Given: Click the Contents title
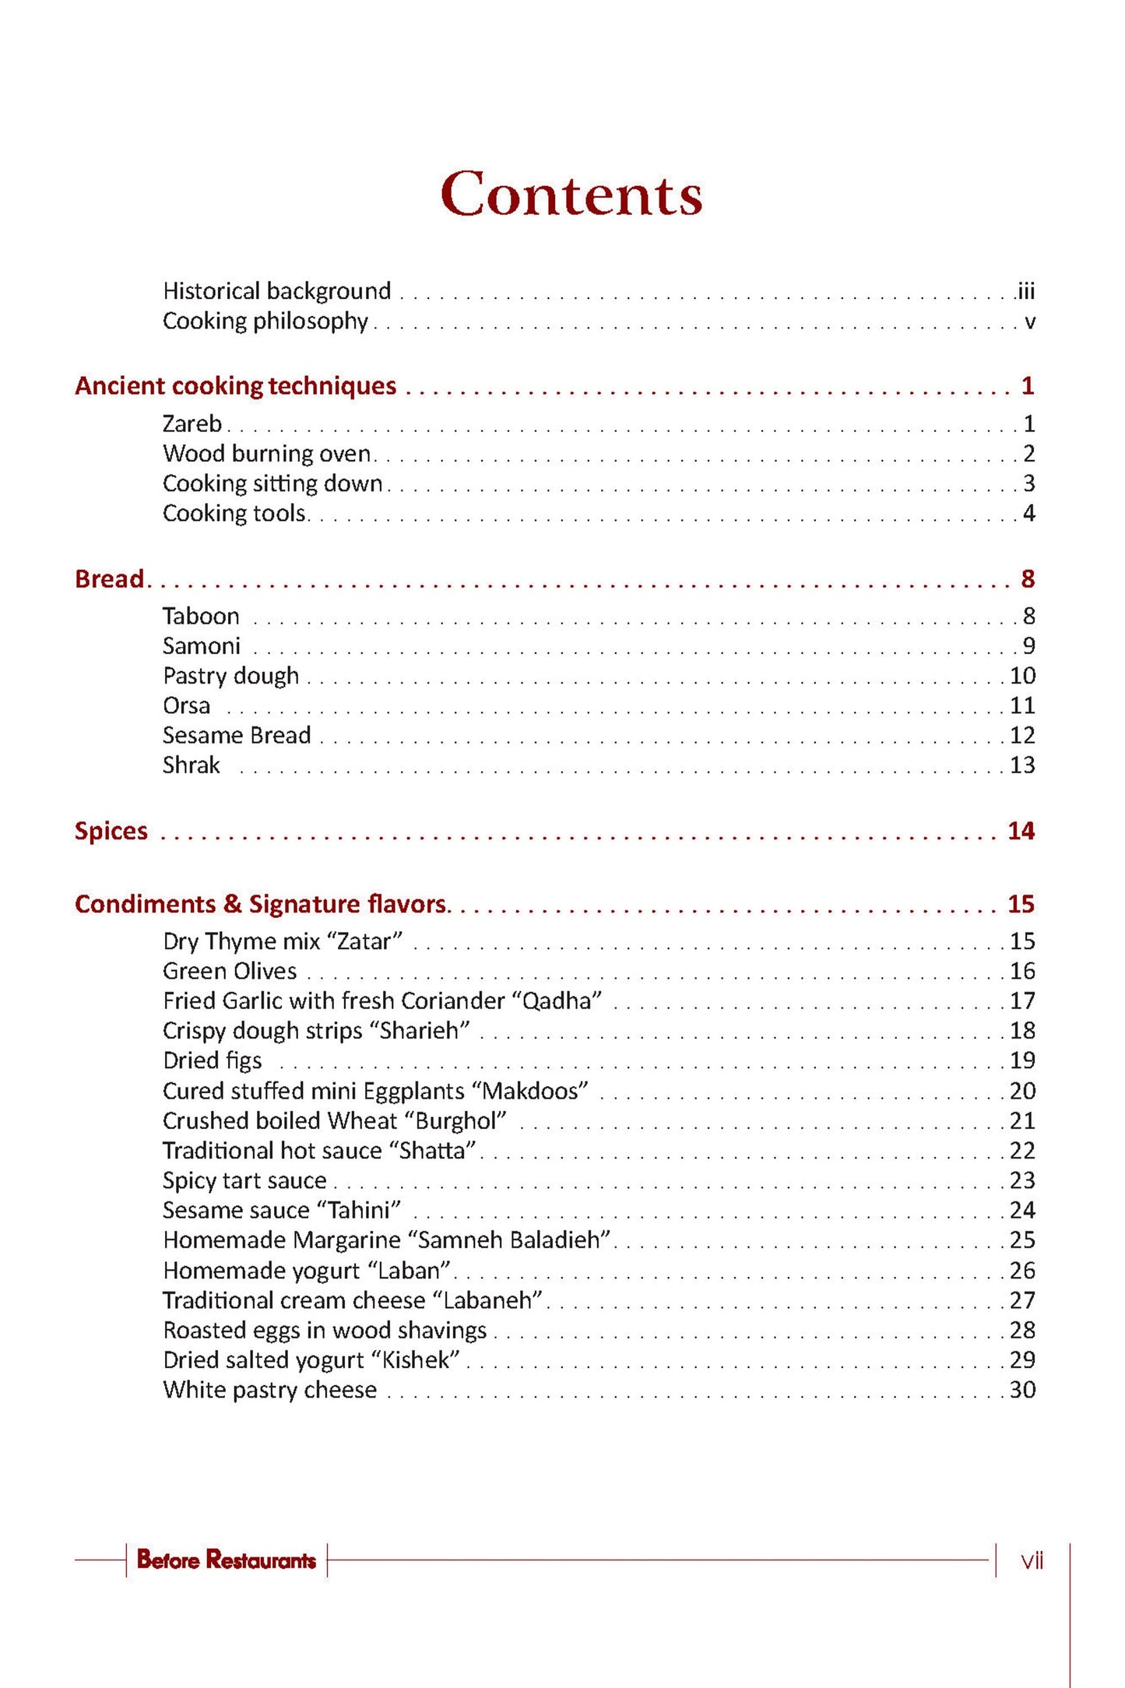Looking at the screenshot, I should pyautogui.click(x=571, y=194).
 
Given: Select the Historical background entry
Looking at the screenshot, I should pyautogui.click(x=276, y=291).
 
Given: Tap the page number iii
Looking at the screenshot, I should pyautogui.click(x=1026, y=291).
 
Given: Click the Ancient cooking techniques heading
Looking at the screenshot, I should pyautogui.click(x=235, y=386).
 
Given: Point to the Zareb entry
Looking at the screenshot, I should pyautogui.click(x=192, y=424).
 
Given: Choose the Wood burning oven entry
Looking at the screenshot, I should pyautogui.click(x=266, y=453).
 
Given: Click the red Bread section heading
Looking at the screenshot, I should pyautogui.click(x=109, y=578).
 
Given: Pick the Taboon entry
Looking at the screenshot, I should pyautogui.click(x=201, y=616).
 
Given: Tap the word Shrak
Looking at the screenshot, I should pyautogui.click(x=191, y=765).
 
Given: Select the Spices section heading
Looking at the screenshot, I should pyautogui.click(x=111, y=831).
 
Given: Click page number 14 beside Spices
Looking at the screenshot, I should pyautogui.click(x=1021, y=831).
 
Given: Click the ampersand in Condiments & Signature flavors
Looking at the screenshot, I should pyautogui.click(x=232, y=904).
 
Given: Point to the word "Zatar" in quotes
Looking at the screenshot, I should pyautogui.click(x=364, y=941).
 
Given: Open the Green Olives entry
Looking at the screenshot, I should pyautogui.click(x=230, y=971).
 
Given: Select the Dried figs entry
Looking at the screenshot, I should pyautogui.click(x=212, y=1060).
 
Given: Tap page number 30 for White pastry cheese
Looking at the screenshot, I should pyautogui.click(x=1022, y=1390).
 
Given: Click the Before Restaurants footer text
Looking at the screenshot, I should pyautogui.click(x=226, y=1560).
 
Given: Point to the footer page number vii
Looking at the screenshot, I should pyautogui.click(x=1032, y=1560).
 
